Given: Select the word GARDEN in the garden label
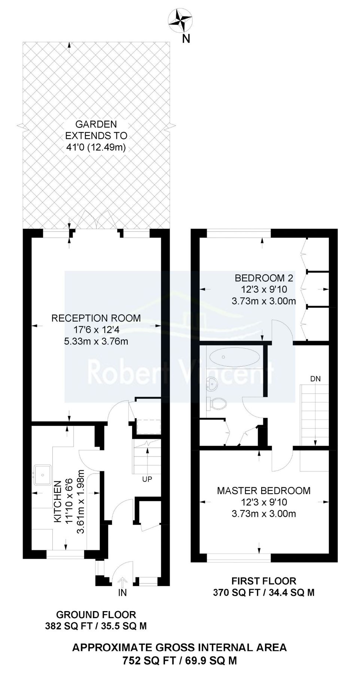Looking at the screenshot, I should pyautogui.click(x=96, y=124).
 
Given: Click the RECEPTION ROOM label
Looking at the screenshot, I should pyautogui.click(x=96, y=318).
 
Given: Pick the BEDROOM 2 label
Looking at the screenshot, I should pyautogui.click(x=263, y=278).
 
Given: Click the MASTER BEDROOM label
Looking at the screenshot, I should pyautogui.click(x=263, y=491).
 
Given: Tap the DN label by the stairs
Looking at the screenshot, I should pyautogui.click(x=315, y=379).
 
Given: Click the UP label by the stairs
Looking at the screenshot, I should pyautogui.click(x=147, y=479).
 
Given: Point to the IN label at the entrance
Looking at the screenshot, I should pyautogui.click(x=122, y=593).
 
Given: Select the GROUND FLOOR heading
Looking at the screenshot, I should pyautogui.click(x=96, y=614).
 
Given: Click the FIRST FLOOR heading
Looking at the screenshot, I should pyautogui.click(x=263, y=581).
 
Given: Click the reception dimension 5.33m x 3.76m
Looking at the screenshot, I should pyautogui.click(x=96, y=341).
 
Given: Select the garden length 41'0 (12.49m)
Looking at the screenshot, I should pyautogui.click(x=96, y=147).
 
